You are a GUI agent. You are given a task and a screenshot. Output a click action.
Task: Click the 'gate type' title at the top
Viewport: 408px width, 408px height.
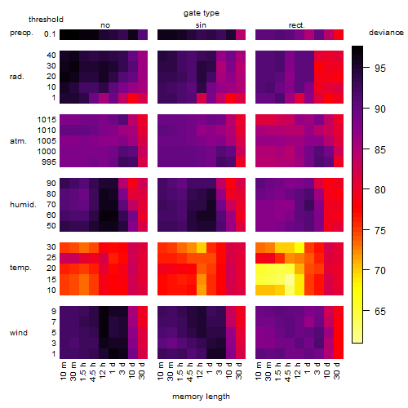202,13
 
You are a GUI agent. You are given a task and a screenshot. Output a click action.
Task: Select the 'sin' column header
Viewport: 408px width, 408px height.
201,25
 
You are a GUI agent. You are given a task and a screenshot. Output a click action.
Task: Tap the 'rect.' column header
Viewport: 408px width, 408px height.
297,25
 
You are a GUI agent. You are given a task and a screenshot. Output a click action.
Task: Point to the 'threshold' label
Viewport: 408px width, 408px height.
46,20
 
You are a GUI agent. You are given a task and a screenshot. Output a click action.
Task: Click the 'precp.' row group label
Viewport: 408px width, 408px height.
21,33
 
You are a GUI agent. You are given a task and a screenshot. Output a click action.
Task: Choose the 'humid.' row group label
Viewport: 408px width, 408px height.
23,205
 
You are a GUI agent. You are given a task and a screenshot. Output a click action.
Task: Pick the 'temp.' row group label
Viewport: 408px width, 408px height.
20,268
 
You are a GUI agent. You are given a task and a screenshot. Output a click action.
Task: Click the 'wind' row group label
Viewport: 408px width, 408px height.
19,333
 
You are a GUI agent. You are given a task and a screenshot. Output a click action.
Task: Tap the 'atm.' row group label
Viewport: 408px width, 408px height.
18,141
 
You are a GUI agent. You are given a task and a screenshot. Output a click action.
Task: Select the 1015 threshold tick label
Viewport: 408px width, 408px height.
47,120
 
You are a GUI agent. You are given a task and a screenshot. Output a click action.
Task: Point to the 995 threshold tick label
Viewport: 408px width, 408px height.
49,162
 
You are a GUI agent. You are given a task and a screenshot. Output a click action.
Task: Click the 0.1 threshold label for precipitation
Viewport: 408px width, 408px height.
50,34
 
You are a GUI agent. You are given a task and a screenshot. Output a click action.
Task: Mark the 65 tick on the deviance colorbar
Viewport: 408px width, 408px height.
380,311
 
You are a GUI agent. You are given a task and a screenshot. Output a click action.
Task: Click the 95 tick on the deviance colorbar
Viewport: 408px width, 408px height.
380,69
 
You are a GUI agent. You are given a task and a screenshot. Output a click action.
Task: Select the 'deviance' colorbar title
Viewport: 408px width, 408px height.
386,33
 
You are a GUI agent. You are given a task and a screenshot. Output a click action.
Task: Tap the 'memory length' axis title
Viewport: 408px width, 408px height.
202,397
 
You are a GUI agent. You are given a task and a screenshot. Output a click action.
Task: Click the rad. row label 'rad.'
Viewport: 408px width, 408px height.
17,77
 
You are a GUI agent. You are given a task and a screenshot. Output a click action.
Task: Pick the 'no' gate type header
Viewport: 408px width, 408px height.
105,25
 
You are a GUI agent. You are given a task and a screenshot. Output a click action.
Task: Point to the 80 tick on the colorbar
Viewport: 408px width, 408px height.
380,189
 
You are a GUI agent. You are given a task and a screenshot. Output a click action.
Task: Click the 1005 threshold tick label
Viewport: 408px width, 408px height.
47,141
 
